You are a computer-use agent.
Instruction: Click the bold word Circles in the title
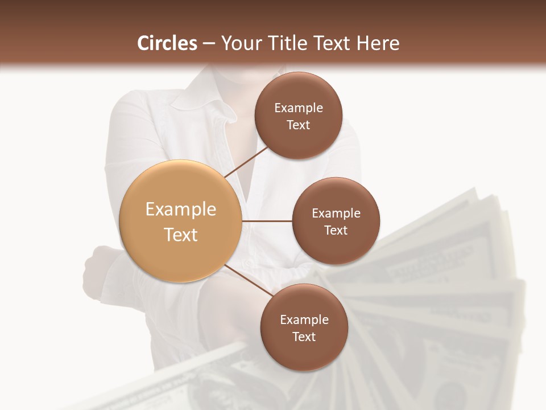(167, 43)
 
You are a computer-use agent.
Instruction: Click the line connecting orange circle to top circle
(247, 161)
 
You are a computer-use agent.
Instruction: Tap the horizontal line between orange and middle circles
(267, 221)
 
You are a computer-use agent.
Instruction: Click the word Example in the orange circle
(181, 210)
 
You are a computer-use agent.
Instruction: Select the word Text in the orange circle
(181, 235)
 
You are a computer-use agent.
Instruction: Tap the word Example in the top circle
(298, 108)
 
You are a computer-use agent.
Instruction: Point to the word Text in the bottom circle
(304, 337)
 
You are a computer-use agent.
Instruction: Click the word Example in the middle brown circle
(336, 214)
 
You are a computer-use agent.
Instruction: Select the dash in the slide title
(209, 44)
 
